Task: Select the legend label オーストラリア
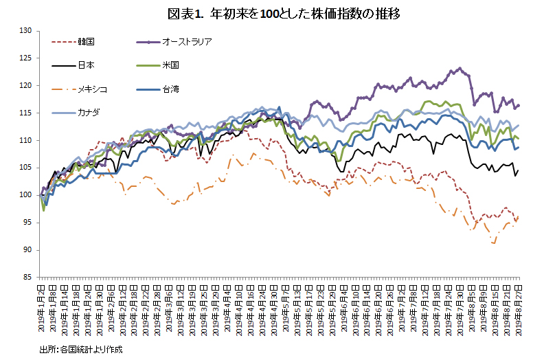[x=187, y=41]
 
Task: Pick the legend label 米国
[x=171, y=65]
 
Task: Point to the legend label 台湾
[x=171, y=89]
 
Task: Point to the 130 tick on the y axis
[x=26, y=31]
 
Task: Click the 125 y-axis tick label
[x=26, y=58]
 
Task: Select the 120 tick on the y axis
[x=26, y=86]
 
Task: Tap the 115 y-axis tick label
[x=26, y=113]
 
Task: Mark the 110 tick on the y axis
[x=26, y=140]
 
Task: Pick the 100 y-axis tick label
[x=26, y=195]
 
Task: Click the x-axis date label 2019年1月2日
[x=42, y=306]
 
